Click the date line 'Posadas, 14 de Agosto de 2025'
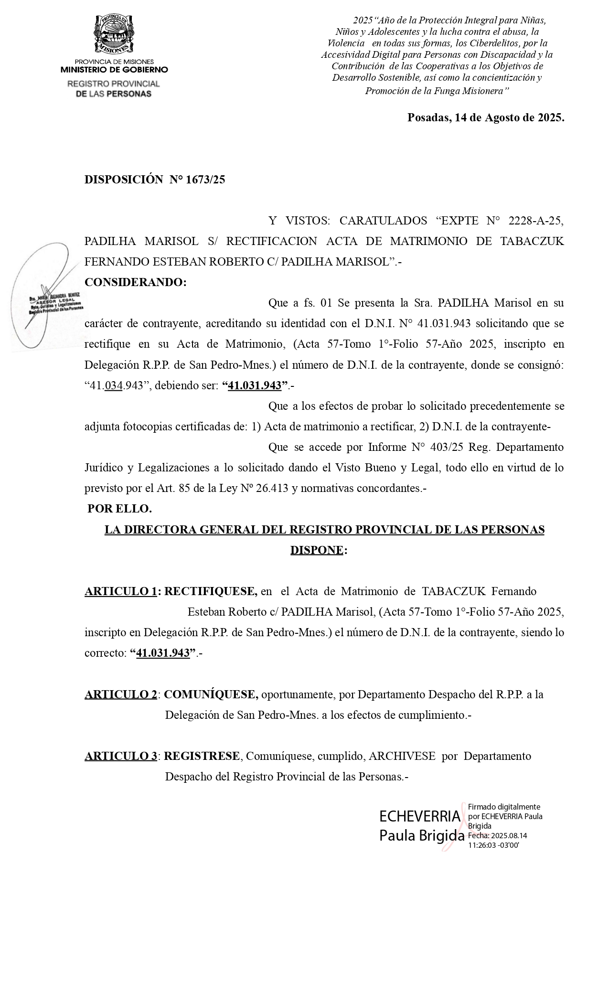[x=485, y=118]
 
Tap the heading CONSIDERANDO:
[x=135, y=282]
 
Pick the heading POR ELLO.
[x=119, y=509]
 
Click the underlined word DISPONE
[x=317, y=550]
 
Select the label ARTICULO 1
[x=121, y=591]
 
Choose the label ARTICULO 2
[x=121, y=694]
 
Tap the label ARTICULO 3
[x=121, y=756]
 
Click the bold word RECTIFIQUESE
[x=210, y=591]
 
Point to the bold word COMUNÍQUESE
[x=211, y=694]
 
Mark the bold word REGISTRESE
[x=202, y=756]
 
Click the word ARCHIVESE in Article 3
[x=402, y=756]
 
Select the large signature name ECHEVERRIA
[x=420, y=817]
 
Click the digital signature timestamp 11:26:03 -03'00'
[x=493, y=845]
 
